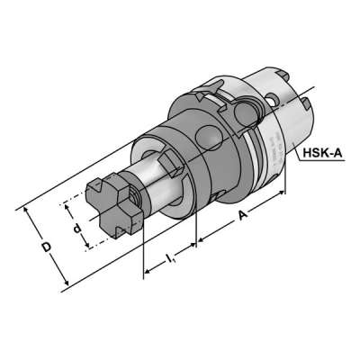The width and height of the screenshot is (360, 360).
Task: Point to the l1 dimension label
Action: [170, 261]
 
